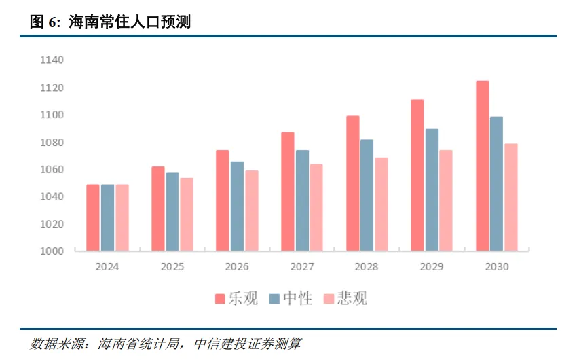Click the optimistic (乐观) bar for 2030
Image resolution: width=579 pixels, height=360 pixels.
click(483, 166)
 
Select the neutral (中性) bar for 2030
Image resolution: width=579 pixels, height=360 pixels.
click(497, 184)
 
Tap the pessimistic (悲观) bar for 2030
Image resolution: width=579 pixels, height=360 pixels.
click(511, 198)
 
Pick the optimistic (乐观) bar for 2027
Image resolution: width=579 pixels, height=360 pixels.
click(288, 192)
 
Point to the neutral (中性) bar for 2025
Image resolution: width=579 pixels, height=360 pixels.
click(172, 212)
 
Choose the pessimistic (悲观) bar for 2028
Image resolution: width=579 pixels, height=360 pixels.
click(381, 204)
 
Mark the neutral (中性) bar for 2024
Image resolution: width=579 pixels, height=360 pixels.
click(107, 218)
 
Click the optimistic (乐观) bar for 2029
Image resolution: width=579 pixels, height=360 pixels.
click(417, 175)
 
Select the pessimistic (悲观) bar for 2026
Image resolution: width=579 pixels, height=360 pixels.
click(252, 211)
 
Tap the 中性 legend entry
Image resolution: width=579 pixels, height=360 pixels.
click(291, 298)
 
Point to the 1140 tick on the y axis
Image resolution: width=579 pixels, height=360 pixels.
click(52, 60)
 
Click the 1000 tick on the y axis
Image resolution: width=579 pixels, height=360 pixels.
click(52, 251)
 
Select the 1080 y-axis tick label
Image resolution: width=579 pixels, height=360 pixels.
click(52, 143)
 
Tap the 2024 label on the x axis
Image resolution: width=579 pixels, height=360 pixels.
click(107, 267)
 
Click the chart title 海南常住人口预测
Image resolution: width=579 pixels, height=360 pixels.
click(130, 22)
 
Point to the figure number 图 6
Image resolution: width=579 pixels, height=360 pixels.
click(45, 22)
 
